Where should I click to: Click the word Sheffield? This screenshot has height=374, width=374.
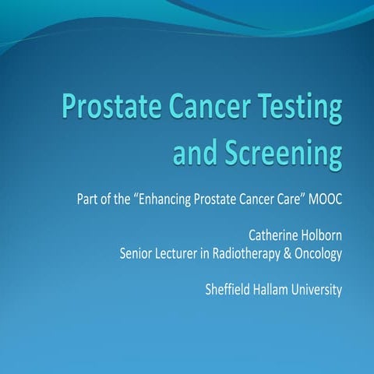coord(228,289)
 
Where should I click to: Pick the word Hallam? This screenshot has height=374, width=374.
coord(275,289)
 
